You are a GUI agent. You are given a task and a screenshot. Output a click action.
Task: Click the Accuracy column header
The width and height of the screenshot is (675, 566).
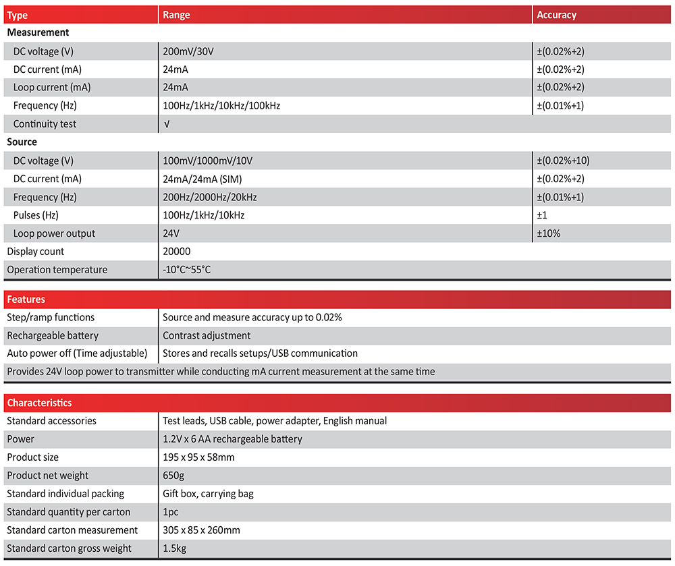(x=556, y=15)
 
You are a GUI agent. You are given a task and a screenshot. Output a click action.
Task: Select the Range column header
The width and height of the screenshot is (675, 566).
(x=176, y=15)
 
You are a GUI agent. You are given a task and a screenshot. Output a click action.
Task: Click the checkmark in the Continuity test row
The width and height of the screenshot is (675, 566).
(x=167, y=124)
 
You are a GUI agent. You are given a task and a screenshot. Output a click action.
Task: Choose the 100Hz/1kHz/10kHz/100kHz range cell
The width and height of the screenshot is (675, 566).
(x=221, y=106)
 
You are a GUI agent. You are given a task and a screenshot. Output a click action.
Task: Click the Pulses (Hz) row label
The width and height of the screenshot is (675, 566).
(x=40, y=215)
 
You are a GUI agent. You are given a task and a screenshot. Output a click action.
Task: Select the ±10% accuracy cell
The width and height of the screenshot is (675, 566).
(x=549, y=233)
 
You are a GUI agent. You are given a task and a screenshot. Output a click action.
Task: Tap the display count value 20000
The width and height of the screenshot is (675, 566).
(x=177, y=252)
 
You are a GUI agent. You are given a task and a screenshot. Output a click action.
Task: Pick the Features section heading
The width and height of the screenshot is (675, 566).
(x=26, y=300)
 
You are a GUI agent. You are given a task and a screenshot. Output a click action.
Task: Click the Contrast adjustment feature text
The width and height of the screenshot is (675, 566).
(x=207, y=335)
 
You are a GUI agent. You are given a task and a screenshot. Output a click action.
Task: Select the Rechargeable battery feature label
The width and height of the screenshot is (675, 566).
(x=53, y=335)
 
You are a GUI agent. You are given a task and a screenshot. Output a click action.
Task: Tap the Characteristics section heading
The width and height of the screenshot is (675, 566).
(x=39, y=403)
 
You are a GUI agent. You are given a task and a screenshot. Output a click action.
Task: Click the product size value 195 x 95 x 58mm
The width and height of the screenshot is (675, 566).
(x=198, y=457)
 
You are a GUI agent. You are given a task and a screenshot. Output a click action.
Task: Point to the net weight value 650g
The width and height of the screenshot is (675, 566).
(x=174, y=476)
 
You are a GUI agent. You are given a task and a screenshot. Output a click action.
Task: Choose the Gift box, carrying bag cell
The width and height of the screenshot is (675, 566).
(x=208, y=494)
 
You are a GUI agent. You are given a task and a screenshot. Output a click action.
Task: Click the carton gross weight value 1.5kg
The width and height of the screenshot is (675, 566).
(x=175, y=548)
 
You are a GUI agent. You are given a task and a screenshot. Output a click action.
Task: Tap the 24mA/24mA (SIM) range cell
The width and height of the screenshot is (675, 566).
(x=202, y=179)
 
